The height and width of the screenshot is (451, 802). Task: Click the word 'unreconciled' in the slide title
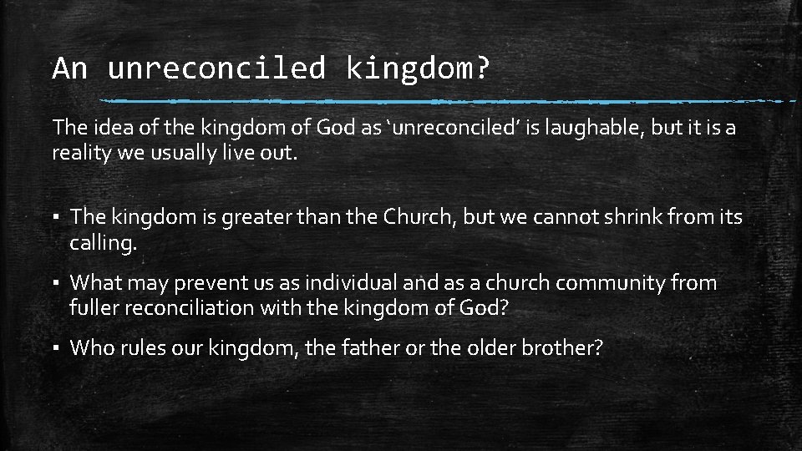216,68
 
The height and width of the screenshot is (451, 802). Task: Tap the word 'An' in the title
69,68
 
